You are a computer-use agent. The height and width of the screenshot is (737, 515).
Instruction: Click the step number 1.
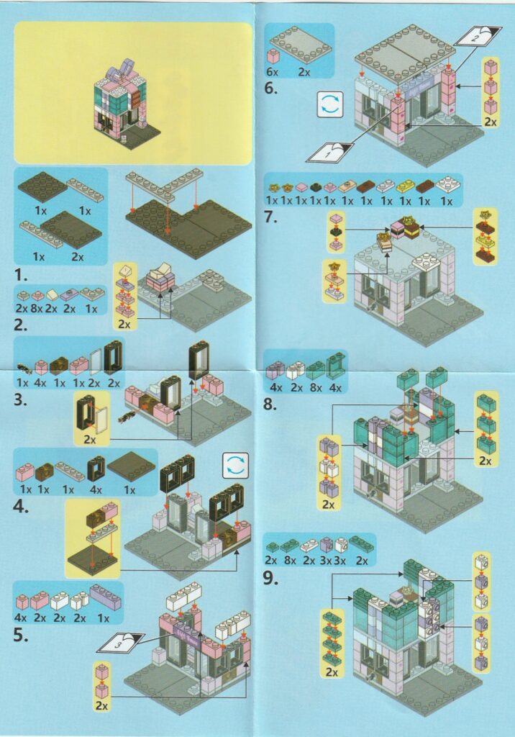coord(21,274)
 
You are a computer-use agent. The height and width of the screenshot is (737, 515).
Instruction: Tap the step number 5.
coord(21,636)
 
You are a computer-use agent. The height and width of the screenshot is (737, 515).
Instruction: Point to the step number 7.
coord(270,217)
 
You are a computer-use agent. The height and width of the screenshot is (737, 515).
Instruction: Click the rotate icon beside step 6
coord(330,104)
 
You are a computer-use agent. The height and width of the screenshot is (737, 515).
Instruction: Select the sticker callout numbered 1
coord(330,153)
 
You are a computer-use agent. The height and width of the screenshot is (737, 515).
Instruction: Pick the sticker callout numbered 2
coord(478,36)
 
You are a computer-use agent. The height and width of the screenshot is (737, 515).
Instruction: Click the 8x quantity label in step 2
coord(39,309)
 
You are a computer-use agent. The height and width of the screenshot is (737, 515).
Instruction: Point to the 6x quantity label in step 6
coord(273,72)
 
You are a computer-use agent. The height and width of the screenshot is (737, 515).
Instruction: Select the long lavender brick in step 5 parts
coord(105,597)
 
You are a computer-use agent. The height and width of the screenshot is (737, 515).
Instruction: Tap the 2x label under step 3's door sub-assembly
coord(89,440)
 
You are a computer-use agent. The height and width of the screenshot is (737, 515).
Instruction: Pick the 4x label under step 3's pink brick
coord(41,383)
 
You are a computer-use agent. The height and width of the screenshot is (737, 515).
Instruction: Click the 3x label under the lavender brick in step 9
coord(325,560)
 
